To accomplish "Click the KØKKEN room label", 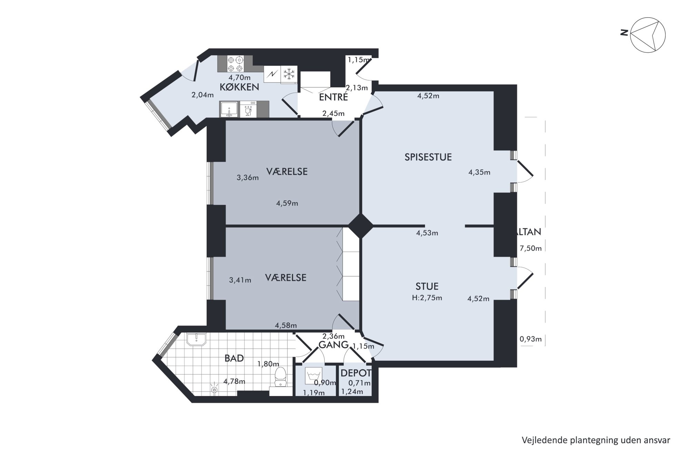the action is coord(239,87).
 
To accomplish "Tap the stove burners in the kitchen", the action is coord(235,64).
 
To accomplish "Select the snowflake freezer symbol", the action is coord(289,74).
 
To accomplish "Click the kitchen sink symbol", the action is coord(229,109).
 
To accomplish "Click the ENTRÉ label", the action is coord(333,97).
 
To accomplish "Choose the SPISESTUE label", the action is coord(428,157).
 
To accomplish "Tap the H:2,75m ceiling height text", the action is coord(427,298).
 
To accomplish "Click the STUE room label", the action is coord(427,286).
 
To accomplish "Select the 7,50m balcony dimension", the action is coord(531,248).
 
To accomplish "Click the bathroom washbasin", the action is coord(196,339).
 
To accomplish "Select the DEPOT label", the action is coord(356,373).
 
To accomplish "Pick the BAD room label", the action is coord(234,358).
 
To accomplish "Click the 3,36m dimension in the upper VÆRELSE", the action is coord(248,178).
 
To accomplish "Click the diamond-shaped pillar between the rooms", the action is coord(361,226).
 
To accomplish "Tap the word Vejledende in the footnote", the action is coord(541,440).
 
